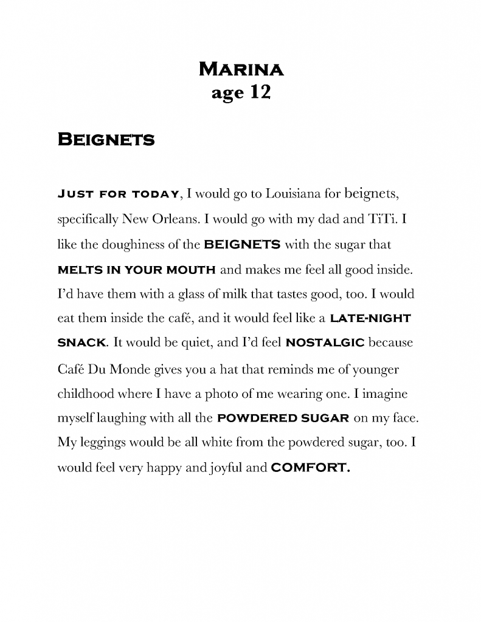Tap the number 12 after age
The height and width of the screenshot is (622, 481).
tap(257, 92)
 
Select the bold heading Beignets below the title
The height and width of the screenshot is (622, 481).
tap(106, 140)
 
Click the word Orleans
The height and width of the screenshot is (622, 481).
tap(168, 219)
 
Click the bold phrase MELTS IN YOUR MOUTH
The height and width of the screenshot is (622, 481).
tap(136, 269)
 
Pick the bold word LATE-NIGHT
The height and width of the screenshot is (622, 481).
tap(376, 318)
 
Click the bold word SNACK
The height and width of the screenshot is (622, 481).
tap(82, 343)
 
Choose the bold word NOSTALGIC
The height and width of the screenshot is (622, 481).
tap(325, 343)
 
